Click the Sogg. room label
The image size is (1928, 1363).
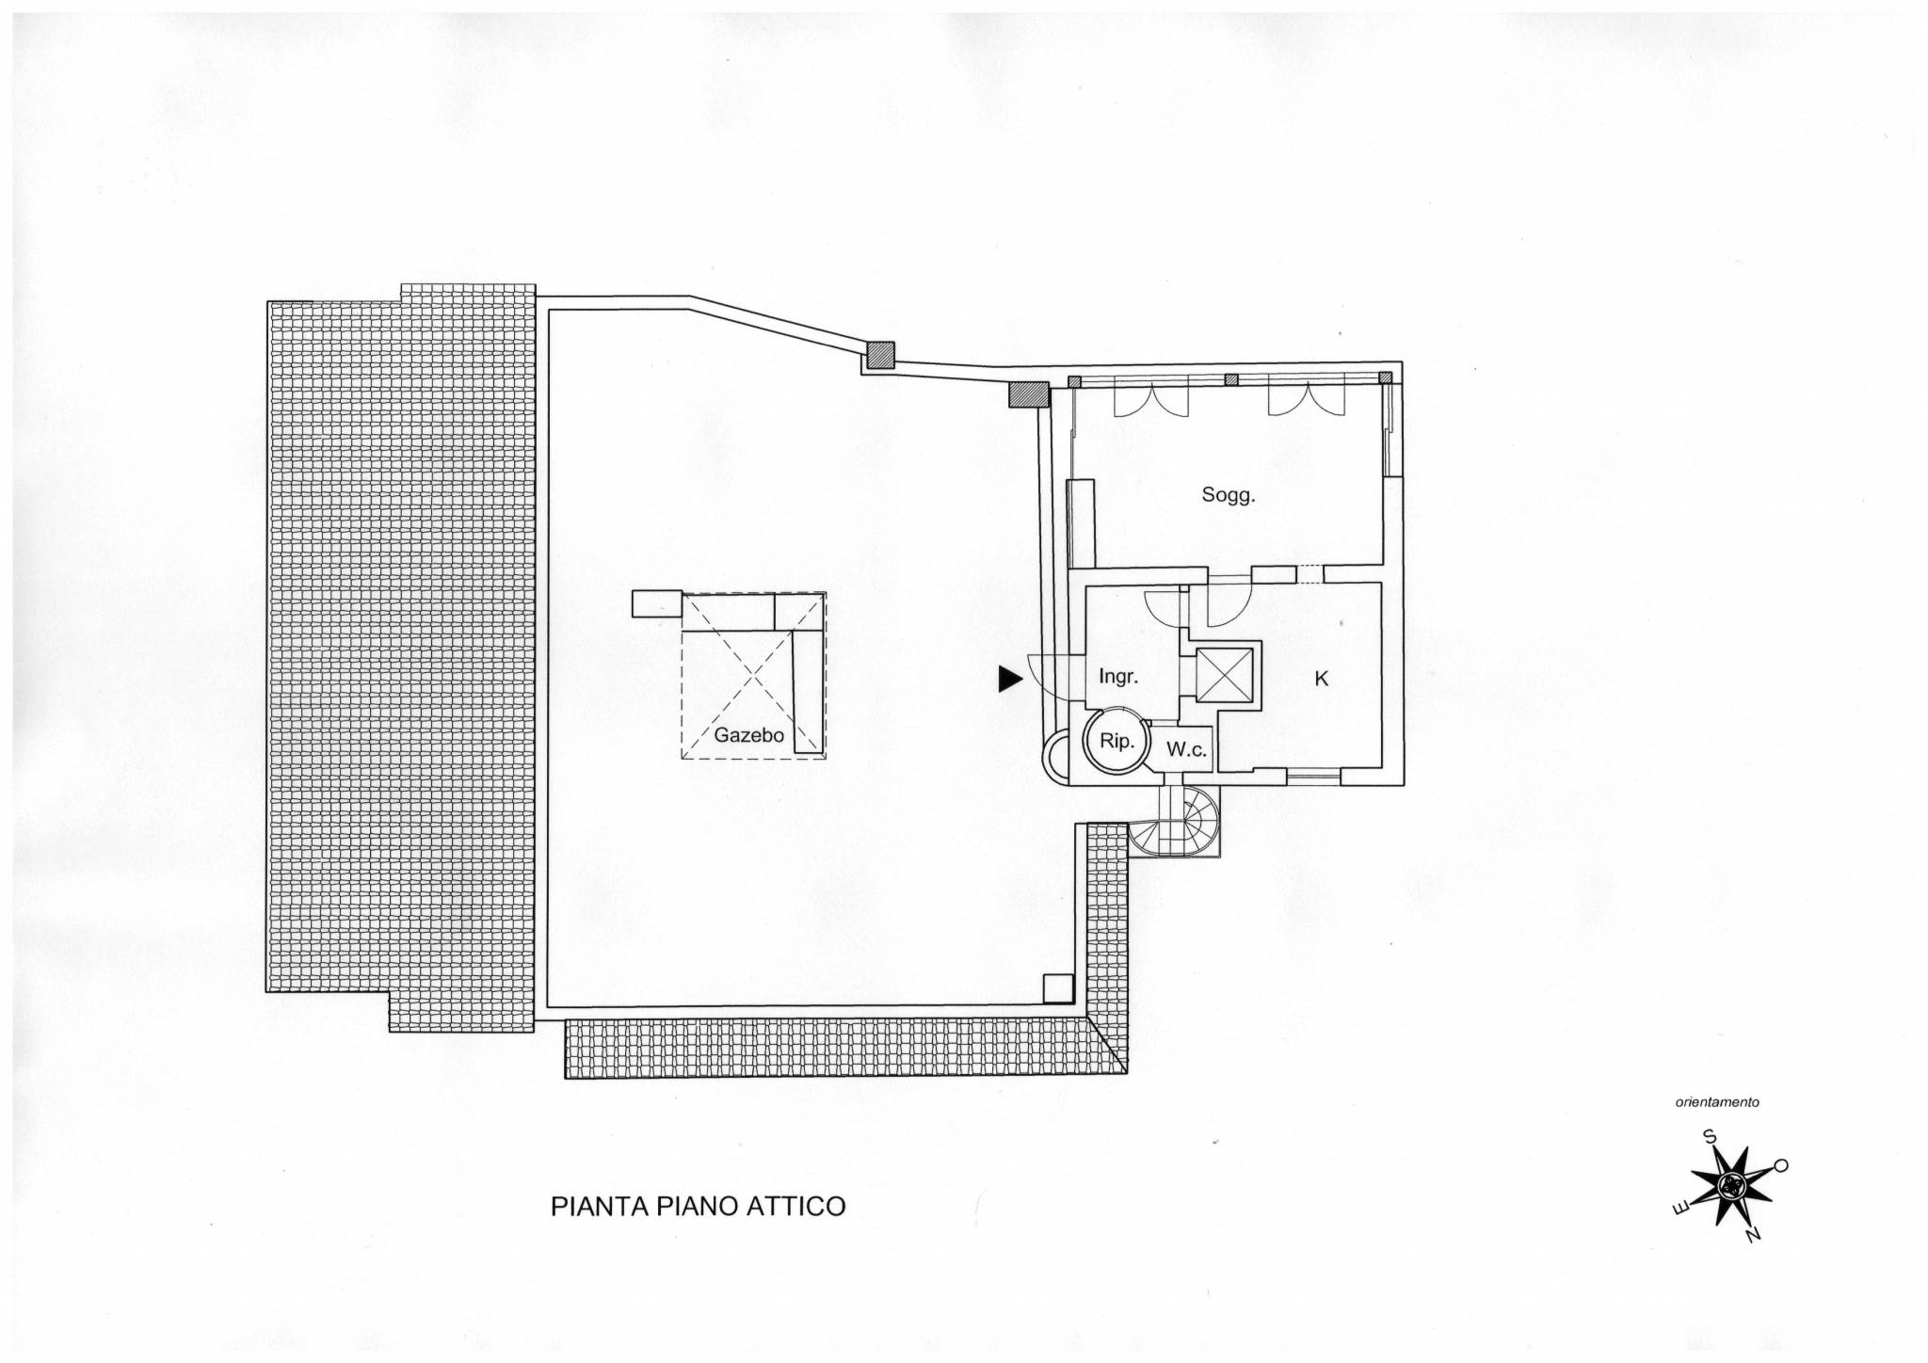(1229, 496)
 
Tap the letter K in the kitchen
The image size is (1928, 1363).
(1322, 679)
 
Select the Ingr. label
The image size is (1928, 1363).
(1119, 676)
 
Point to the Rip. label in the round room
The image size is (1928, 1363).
(1116, 742)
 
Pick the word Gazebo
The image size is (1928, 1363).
(749, 735)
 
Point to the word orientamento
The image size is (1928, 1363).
(1718, 1101)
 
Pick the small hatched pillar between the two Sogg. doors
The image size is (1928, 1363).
(1230, 380)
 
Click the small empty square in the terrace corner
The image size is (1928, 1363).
(1058, 987)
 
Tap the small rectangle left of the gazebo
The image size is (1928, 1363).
(656, 603)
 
